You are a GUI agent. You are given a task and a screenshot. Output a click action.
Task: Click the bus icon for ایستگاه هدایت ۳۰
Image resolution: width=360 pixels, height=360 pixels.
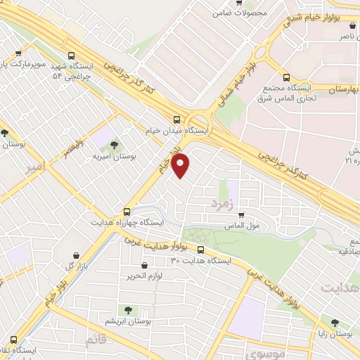tap(202, 249)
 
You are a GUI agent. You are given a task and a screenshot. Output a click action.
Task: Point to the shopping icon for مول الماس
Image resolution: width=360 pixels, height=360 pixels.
tap(241, 214)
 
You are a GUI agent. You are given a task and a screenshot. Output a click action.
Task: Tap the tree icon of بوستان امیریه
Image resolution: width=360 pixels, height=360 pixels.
tap(115, 145)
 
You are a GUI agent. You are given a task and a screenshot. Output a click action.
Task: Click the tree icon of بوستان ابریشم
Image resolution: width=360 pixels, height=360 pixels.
tap(128, 309)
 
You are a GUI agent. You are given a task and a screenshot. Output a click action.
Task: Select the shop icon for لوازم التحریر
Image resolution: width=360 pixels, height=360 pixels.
tap(144, 266)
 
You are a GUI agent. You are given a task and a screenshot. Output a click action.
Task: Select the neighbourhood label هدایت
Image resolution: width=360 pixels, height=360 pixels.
tap(340, 289)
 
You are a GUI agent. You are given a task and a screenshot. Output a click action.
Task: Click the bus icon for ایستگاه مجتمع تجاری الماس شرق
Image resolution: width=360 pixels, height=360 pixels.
tap(285, 77)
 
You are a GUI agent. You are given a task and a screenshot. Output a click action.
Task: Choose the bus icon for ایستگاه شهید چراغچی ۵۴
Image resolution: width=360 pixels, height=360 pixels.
tap(70, 55)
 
